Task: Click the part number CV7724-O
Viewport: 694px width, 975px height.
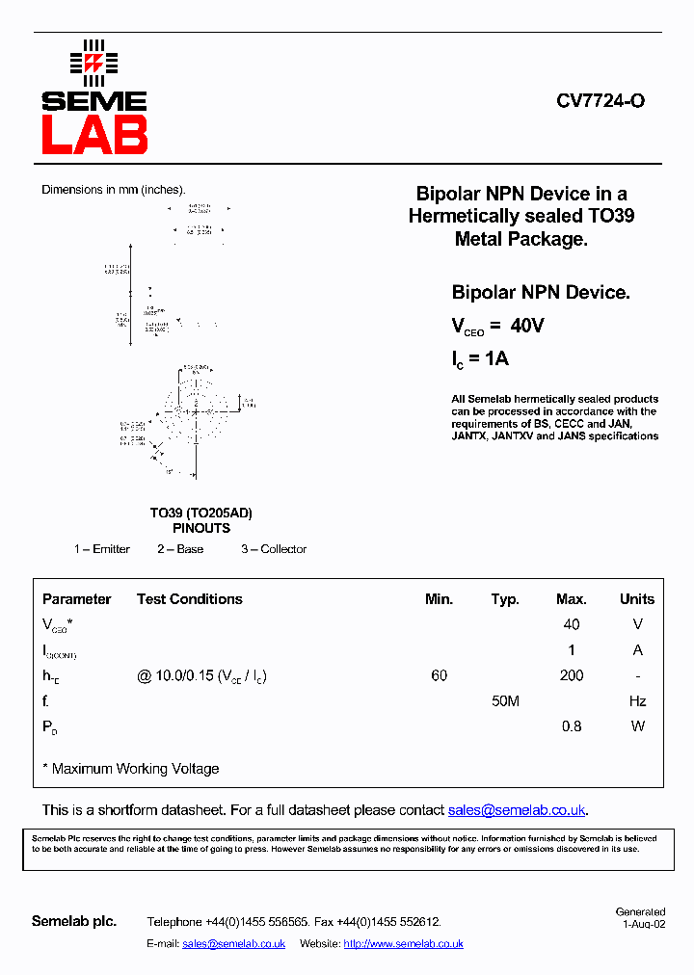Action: click(600, 101)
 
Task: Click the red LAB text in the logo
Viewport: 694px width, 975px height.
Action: click(94, 135)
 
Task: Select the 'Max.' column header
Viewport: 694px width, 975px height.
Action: click(571, 599)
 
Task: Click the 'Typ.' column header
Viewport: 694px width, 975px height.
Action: click(505, 599)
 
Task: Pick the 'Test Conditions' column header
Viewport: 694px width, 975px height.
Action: click(190, 599)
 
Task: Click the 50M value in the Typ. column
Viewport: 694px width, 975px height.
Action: click(505, 701)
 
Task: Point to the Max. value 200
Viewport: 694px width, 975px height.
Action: click(571, 675)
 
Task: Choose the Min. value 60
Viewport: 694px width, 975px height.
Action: click(440, 675)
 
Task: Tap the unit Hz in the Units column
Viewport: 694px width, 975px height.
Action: click(637, 701)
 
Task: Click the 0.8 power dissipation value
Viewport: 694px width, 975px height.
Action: click(571, 726)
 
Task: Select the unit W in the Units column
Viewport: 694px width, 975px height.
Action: click(637, 726)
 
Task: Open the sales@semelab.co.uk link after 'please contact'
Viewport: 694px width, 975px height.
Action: click(517, 810)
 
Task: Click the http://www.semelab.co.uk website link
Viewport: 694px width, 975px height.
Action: click(403, 944)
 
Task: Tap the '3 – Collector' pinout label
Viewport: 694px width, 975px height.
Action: click(274, 549)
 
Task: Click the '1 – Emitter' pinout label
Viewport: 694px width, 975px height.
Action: click(102, 549)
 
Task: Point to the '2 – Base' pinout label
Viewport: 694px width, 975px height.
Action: click(180, 549)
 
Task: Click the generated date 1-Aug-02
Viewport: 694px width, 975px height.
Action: click(643, 924)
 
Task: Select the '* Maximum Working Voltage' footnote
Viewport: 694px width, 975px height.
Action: click(130, 769)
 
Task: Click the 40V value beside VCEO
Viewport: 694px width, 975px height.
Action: click(527, 327)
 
